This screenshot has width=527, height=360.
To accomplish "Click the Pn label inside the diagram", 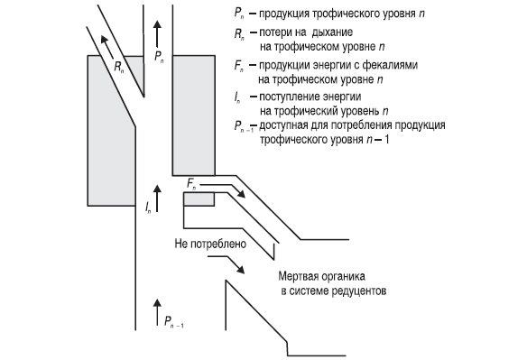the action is (x=159, y=57).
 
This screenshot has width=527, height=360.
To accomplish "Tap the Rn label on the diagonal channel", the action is (x=119, y=67).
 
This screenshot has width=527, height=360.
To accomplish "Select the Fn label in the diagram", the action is (x=191, y=184).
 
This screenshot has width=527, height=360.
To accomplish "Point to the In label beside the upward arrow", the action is (x=148, y=207).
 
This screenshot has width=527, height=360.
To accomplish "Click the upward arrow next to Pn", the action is (x=157, y=33).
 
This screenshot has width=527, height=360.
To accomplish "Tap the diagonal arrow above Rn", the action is (x=107, y=47).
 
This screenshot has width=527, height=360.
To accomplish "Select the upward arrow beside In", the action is (x=157, y=198).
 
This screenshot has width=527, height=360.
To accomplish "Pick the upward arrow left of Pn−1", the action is (x=157, y=312).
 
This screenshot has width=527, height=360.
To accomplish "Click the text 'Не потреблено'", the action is (x=210, y=244).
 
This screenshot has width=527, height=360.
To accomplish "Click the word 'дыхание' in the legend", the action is (x=332, y=32).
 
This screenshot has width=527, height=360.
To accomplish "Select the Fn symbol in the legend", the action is (x=239, y=66).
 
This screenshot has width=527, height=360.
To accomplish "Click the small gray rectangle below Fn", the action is (x=199, y=199).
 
